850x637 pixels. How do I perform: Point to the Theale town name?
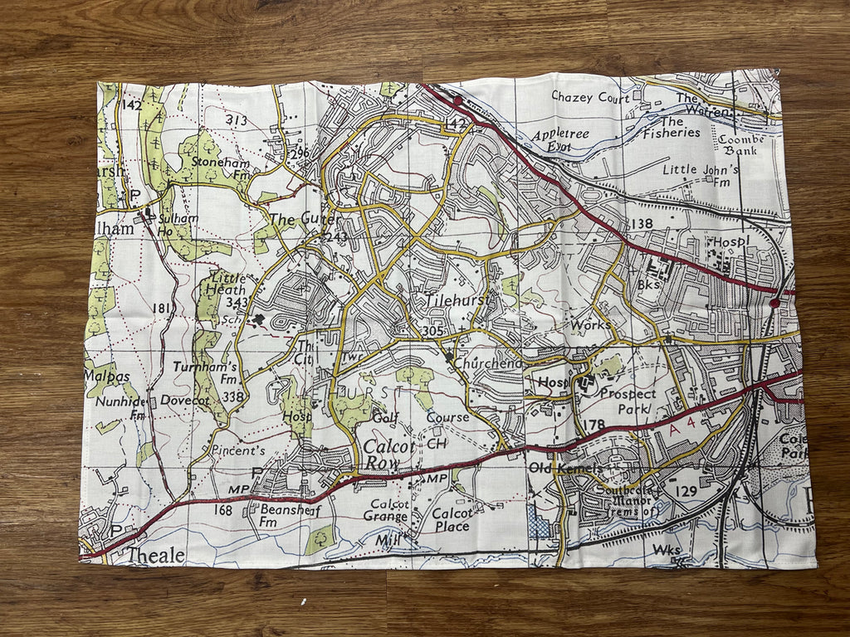pos(155,555)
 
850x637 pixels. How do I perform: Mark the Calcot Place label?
pos(451,519)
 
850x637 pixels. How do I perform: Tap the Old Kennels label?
pos(566,469)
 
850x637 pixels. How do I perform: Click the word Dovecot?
pos(185,399)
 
